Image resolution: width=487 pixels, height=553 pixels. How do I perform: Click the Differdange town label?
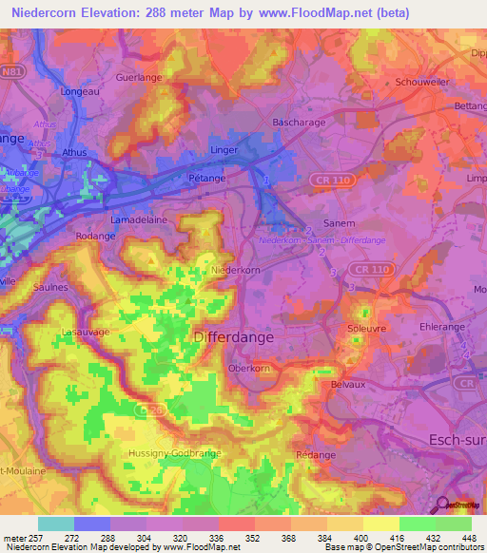point(233,337)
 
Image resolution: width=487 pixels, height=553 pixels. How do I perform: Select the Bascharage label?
point(298,123)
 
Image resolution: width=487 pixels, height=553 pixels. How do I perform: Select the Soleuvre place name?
point(365,330)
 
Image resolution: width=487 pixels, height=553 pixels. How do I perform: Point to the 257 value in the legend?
point(35,538)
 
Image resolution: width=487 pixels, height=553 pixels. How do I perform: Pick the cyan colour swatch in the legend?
point(56,524)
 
